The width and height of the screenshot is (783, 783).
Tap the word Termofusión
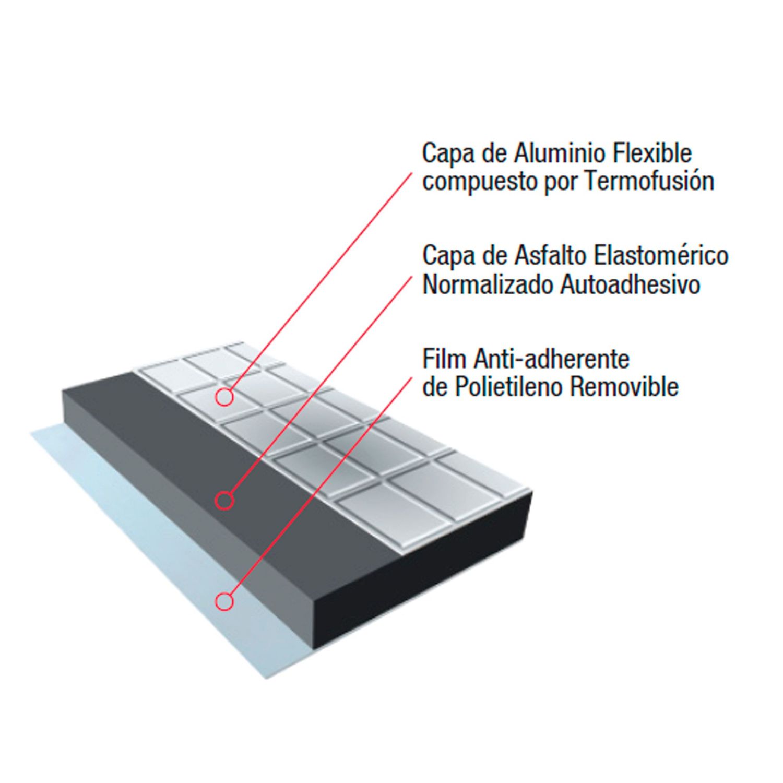[x=649, y=182]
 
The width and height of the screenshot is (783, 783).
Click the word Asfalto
[x=554, y=256]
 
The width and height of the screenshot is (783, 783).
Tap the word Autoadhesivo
[x=630, y=285]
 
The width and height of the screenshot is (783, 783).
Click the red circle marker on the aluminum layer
[x=224, y=398]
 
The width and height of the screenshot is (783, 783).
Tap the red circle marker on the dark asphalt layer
[x=224, y=500]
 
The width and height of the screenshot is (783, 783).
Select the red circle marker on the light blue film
[x=224, y=601]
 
